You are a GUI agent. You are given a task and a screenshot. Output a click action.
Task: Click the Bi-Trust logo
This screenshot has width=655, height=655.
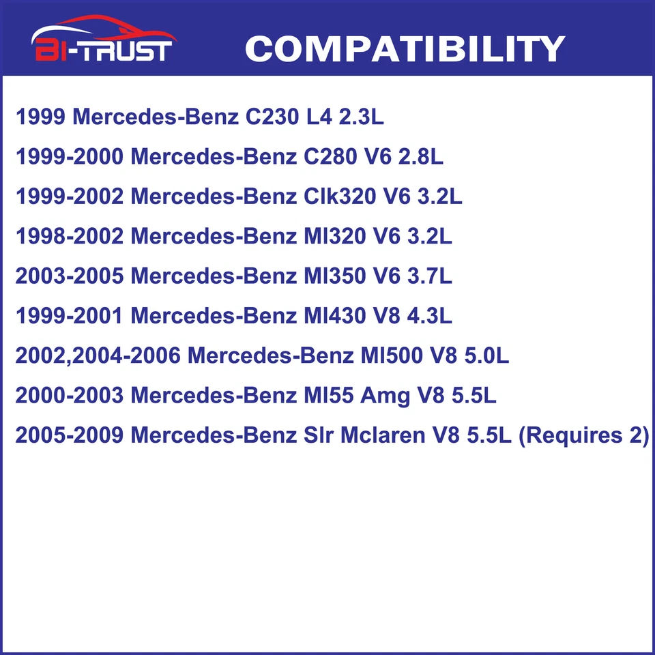click(104, 41)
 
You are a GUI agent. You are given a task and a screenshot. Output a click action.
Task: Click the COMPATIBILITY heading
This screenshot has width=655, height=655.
click(405, 48)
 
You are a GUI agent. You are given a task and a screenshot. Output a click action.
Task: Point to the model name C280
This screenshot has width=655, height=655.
click(325, 157)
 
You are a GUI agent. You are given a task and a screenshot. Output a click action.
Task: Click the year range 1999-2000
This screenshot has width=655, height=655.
click(70, 157)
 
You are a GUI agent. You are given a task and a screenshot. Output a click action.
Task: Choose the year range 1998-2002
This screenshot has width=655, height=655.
click(70, 236)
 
